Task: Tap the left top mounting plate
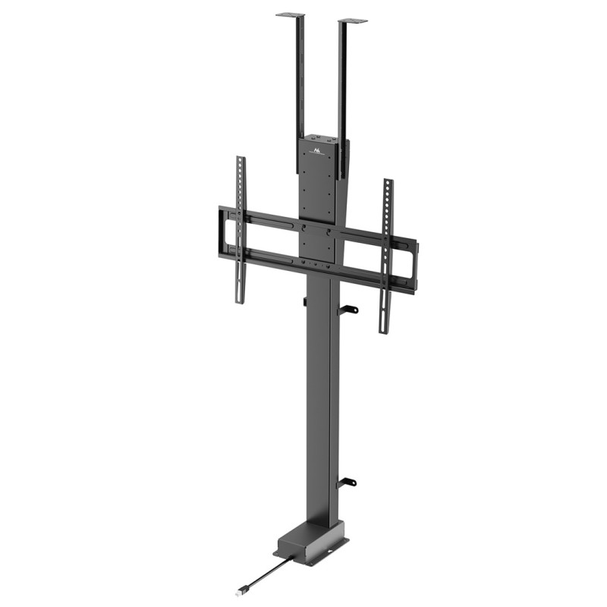point(290,14)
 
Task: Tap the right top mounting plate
point(353,20)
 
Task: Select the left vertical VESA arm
point(241,228)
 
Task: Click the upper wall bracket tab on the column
point(348,309)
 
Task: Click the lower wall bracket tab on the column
point(348,482)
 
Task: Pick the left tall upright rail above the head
point(300,76)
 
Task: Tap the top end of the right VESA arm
point(388,183)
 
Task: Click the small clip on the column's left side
point(304,302)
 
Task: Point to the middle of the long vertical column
point(320,402)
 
